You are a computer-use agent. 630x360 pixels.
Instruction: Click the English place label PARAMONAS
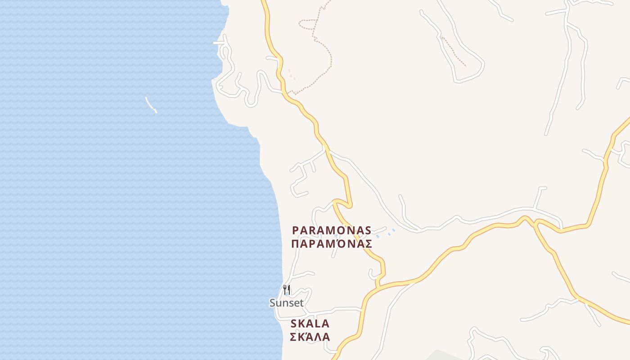[x=332, y=230]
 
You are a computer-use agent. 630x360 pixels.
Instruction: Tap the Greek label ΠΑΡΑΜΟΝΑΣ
[x=332, y=244]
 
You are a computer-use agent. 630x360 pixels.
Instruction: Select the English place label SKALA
[x=310, y=324]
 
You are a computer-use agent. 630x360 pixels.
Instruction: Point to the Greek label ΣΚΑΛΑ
[x=310, y=337]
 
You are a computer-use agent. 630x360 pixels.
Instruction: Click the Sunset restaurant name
[x=287, y=303]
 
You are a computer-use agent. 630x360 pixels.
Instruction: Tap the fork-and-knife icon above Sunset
[x=287, y=290]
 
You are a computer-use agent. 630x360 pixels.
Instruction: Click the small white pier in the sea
[x=151, y=105]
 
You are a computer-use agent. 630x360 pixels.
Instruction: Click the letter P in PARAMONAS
[x=296, y=230]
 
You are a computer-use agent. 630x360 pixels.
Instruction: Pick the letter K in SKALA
[x=301, y=324]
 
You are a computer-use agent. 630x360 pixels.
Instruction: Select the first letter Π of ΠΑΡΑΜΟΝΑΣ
[x=296, y=244]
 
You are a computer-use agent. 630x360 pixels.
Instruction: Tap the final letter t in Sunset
[x=301, y=303]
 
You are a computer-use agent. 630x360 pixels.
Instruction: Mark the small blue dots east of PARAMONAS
[x=386, y=233]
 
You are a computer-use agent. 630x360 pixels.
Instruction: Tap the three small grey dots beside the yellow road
[x=292, y=75]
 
